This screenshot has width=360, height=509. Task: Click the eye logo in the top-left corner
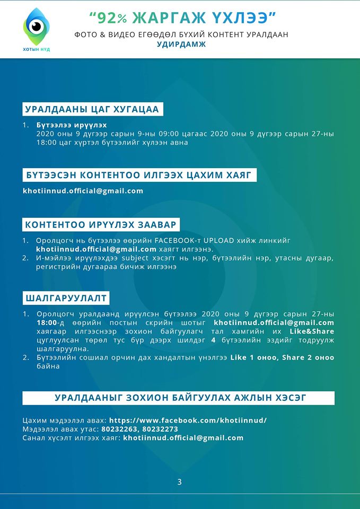click(x=36, y=27)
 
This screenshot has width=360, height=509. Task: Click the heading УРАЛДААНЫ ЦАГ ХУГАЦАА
click(x=93, y=109)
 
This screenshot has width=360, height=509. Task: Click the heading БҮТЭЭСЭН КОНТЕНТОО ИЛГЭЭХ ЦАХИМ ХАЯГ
click(x=140, y=175)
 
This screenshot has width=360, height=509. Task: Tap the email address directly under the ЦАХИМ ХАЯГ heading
click(x=83, y=191)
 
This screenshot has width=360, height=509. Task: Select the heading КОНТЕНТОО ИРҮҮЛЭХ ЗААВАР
click(x=101, y=224)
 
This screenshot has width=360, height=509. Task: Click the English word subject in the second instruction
click(x=140, y=259)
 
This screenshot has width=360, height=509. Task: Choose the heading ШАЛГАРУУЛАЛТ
click(x=66, y=297)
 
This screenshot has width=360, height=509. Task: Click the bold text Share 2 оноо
click(x=308, y=358)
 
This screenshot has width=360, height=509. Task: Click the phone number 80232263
click(x=119, y=429)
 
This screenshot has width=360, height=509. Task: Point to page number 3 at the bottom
click(x=179, y=482)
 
